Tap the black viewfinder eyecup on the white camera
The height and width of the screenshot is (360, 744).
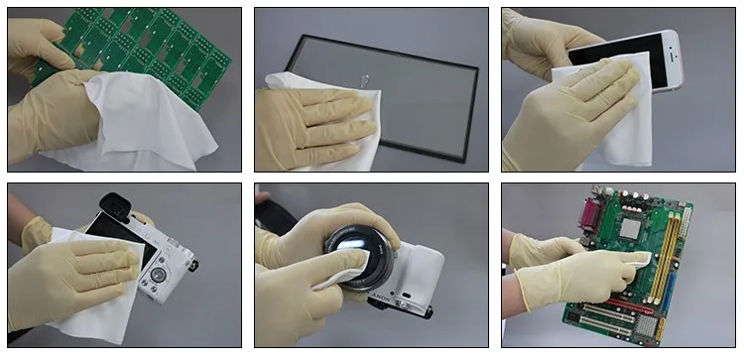coord(112,202)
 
